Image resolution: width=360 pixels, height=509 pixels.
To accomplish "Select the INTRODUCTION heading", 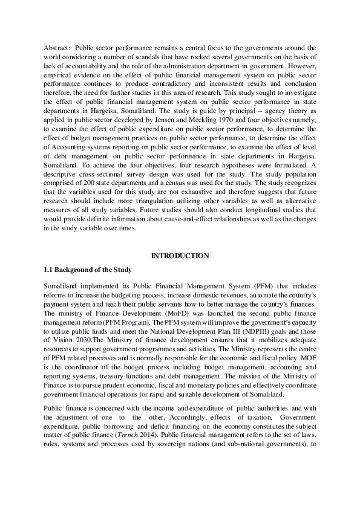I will coord(180,256).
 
